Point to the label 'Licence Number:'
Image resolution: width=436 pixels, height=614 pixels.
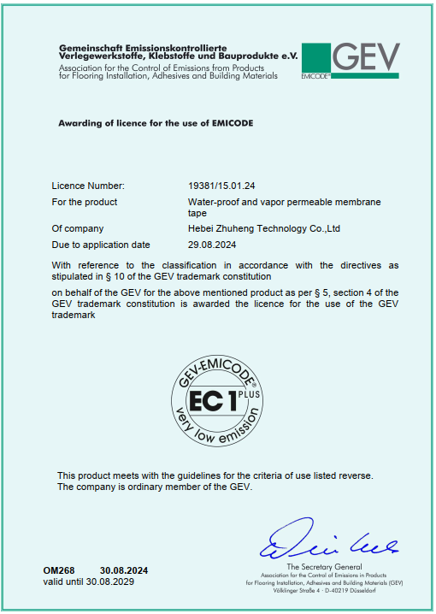click(x=88, y=186)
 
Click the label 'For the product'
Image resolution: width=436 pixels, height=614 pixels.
click(x=85, y=202)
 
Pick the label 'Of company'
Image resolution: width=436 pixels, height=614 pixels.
click(x=78, y=228)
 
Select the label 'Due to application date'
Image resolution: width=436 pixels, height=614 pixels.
click(x=101, y=245)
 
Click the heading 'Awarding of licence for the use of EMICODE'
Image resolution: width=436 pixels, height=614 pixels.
click(x=155, y=123)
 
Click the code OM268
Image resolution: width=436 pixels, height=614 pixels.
click(x=59, y=570)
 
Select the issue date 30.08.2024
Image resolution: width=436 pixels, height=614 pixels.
click(x=124, y=570)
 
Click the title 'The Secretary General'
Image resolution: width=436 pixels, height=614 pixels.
click(x=324, y=567)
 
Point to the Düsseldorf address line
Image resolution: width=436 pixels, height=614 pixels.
click(x=324, y=590)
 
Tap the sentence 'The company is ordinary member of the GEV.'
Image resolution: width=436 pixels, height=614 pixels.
click(x=155, y=487)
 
